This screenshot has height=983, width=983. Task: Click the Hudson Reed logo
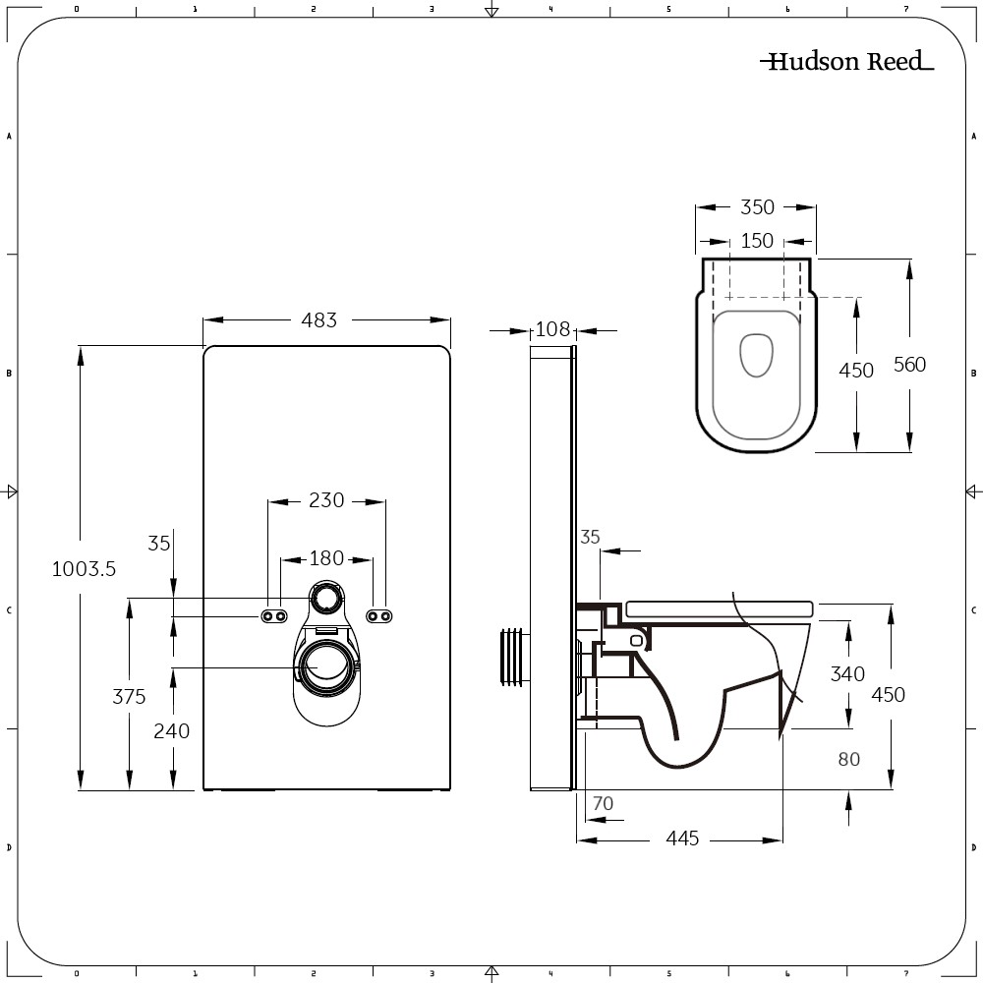(846, 62)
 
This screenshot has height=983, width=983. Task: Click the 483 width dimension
(318, 319)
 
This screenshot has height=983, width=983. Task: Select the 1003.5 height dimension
(84, 568)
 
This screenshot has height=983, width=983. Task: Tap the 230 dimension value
(325, 500)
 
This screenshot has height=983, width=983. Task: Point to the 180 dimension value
(326, 558)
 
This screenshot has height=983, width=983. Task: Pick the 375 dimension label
(129, 696)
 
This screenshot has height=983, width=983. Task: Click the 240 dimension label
(172, 730)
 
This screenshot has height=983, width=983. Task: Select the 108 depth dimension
(552, 329)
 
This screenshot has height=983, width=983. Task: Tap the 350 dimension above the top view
(757, 207)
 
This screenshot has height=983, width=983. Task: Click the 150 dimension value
(757, 241)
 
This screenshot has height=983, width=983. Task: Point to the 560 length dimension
(909, 364)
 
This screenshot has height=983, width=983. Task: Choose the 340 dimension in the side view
(847, 673)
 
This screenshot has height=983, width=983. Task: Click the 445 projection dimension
(682, 838)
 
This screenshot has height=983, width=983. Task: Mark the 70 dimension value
(603, 803)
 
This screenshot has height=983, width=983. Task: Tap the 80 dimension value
(849, 759)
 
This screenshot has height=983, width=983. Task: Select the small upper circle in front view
(326, 595)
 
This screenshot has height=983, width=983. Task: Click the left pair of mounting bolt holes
(274, 615)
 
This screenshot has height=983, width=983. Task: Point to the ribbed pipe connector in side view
(512, 656)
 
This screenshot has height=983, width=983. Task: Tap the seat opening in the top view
(756, 356)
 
